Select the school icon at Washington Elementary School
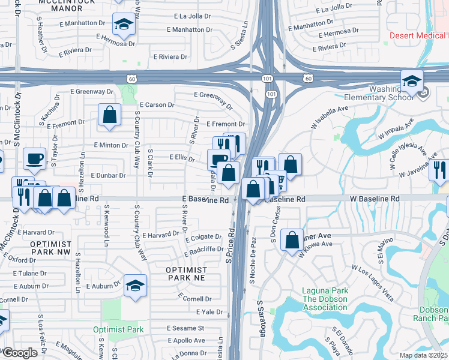click(x=412, y=80)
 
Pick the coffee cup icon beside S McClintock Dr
click(x=34, y=158)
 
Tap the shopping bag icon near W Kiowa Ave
click(x=292, y=240)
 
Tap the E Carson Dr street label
click(x=159, y=104)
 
